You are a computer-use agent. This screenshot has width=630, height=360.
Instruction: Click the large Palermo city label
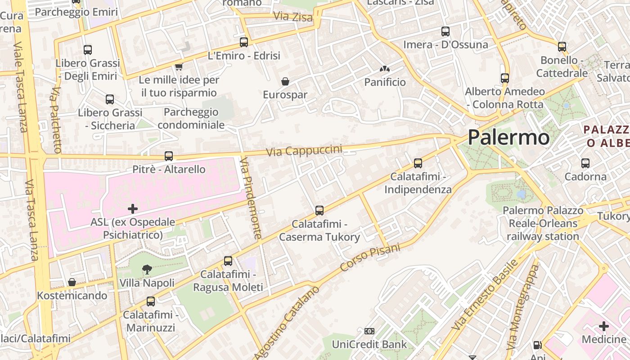click(508, 137)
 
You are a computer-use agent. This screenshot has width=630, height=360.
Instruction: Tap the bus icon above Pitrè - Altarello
click(169, 156)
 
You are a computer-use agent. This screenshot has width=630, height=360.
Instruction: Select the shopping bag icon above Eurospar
click(285, 81)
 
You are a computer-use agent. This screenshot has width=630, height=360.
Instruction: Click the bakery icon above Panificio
click(384, 69)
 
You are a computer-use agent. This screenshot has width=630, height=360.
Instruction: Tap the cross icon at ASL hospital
click(133, 209)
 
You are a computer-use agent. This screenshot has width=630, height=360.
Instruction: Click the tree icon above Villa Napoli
click(147, 270)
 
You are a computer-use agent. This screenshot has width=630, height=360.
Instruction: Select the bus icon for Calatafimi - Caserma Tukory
click(319, 210)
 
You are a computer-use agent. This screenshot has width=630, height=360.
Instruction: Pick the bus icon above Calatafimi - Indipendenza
click(418, 163)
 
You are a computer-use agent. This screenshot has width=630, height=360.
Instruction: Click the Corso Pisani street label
click(370, 257)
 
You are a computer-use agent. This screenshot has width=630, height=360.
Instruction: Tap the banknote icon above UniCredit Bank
click(369, 332)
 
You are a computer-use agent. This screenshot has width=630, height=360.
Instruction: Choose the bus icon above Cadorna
click(585, 163)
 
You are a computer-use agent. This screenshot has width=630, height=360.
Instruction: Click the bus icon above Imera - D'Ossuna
click(445, 31)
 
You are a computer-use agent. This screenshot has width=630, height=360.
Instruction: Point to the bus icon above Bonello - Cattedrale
click(562, 46)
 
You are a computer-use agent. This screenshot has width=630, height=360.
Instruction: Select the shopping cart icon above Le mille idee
click(179, 67)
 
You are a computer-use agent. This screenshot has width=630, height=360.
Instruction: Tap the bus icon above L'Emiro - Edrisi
click(244, 42)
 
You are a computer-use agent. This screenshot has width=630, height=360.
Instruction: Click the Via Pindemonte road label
click(251, 198)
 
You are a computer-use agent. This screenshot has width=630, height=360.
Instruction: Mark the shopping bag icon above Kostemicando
click(72, 282)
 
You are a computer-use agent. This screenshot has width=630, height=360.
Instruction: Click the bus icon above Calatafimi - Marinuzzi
click(151, 301)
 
